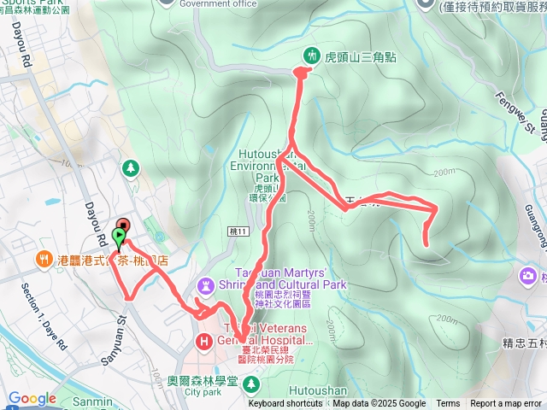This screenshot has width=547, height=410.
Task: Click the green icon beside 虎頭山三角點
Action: tap(310, 56)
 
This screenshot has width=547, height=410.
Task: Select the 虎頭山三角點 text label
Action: tap(357, 56)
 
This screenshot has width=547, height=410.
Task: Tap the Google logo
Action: tap(32, 398)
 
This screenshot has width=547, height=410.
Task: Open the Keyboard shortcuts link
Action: tap(285, 404)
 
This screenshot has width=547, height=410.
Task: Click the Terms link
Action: tap(448, 404)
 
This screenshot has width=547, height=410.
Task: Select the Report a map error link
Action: tap(507, 404)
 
